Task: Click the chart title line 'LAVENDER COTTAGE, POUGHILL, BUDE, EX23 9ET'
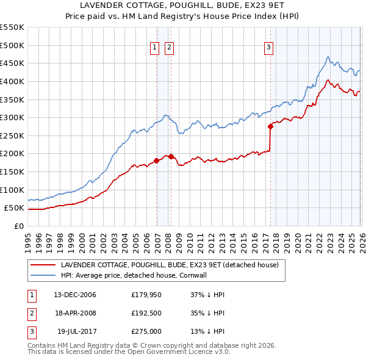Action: pyautogui.click(x=183, y=5)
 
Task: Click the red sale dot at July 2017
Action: pyautogui.click(x=270, y=127)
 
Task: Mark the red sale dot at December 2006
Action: pyautogui.click(x=156, y=161)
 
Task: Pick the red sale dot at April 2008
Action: pyautogui.click(x=171, y=156)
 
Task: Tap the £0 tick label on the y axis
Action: pyautogui.click(x=20, y=226)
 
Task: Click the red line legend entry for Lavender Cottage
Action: pyautogui.click(x=170, y=265)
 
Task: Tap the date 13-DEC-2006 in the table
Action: pyautogui.click(x=75, y=295)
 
